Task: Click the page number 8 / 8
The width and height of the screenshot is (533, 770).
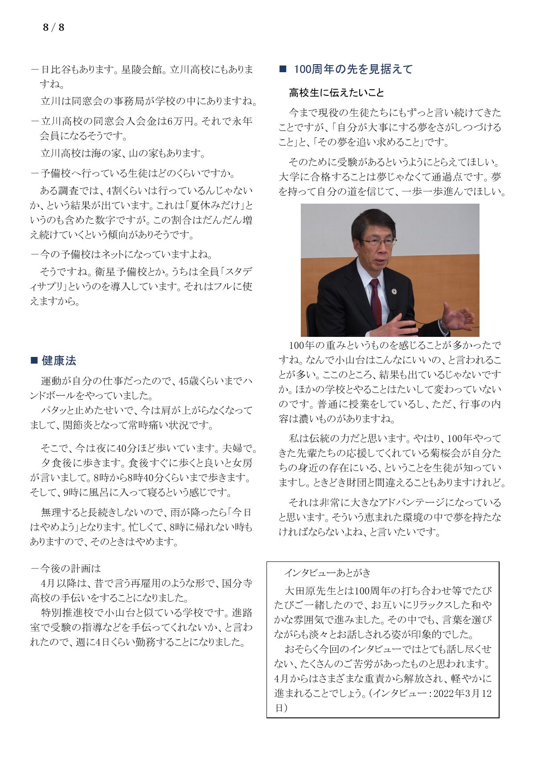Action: point(53,28)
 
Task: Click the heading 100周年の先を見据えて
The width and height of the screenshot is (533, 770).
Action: point(353,69)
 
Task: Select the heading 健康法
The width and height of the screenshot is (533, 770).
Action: point(59,360)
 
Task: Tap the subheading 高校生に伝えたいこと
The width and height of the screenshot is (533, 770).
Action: point(336,93)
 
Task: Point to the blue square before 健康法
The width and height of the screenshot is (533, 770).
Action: point(34,360)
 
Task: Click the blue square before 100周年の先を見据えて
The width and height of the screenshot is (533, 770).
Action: point(282,69)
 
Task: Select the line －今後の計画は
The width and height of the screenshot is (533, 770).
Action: point(66,569)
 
